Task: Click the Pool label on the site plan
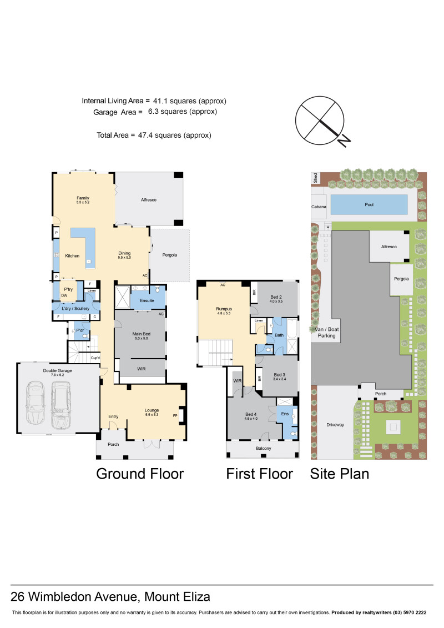(369, 205)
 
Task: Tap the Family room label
(83, 198)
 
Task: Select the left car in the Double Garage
(35, 403)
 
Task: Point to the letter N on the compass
(344, 140)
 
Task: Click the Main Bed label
(142, 334)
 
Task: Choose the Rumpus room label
(224, 309)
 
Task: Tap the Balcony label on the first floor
(264, 448)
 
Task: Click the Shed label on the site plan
(315, 178)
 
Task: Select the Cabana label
(319, 207)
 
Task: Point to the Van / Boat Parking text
(327, 333)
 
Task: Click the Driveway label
(335, 425)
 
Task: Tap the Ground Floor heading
(140, 474)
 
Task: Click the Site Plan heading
(340, 474)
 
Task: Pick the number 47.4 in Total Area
(145, 135)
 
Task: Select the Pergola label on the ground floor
(170, 255)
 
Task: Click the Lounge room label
(152, 410)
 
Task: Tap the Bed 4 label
(251, 414)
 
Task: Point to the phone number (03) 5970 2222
(410, 612)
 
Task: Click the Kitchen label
(73, 255)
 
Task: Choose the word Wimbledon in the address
(84, 597)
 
